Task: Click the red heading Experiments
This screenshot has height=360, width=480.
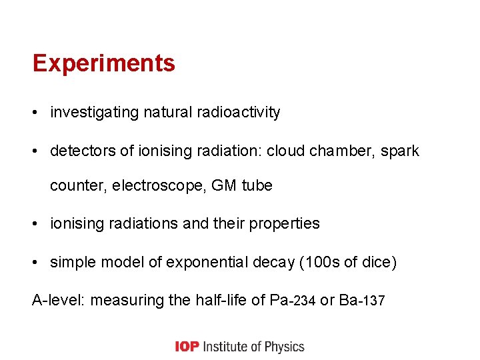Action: pyautogui.click(x=103, y=63)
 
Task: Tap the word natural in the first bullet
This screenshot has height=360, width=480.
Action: pyautogui.click(x=166, y=113)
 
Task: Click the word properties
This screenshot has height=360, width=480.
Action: pyautogui.click(x=284, y=224)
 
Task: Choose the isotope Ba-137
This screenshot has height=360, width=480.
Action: pyautogui.click(x=361, y=301)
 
